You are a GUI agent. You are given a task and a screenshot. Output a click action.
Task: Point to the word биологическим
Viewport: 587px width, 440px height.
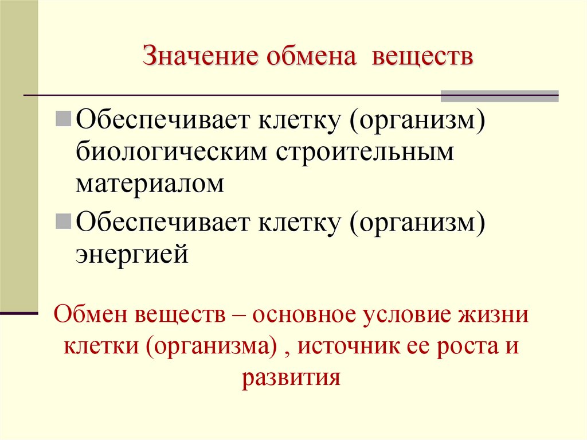pos(171,153)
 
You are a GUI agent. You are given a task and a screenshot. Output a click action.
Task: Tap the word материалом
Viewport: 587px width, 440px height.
pos(150,185)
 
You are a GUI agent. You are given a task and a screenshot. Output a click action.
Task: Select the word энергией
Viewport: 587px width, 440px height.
pos(132,253)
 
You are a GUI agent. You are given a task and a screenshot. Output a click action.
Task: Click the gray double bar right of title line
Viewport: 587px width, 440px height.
pos(499,96)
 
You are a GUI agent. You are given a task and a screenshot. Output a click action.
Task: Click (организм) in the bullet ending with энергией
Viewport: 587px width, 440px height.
pos(415,221)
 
